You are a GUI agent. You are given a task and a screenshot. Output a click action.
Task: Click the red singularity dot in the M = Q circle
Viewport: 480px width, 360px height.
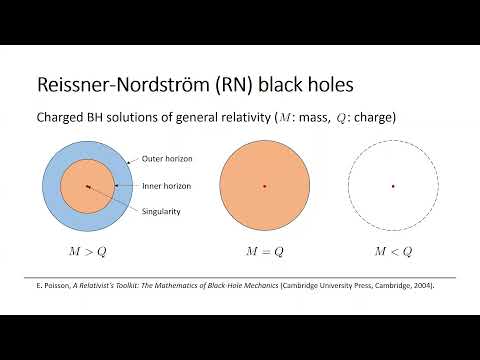click(x=264, y=186)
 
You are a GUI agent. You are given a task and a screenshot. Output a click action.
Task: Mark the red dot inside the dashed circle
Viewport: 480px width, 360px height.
click(x=392, y=186)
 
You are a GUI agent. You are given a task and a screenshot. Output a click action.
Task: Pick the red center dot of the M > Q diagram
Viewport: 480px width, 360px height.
click(x=88, y=186)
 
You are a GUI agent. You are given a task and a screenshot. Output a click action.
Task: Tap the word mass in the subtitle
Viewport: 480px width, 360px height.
click(x=335, y=118)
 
